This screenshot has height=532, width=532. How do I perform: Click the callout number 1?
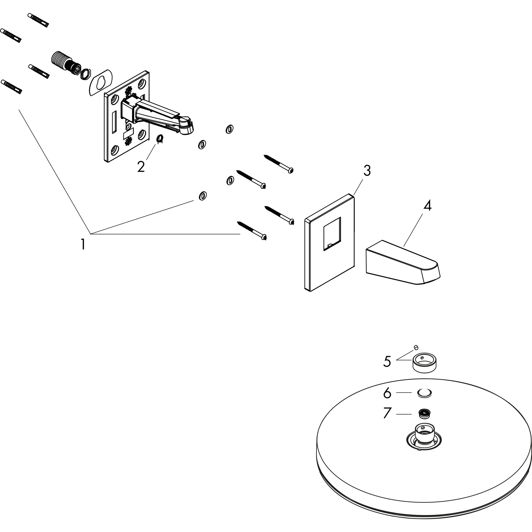tap(83, 244)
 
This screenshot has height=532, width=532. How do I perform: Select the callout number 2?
tap(141, 167)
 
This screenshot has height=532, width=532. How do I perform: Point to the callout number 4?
tap(427, 206)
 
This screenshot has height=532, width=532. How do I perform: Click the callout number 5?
tap(387, 362)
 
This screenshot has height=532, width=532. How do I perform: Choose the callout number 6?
tap(387, 393)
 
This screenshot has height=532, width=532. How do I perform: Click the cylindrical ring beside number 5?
tap(424, 363)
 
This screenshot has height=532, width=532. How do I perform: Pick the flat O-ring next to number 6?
tap(424, 393)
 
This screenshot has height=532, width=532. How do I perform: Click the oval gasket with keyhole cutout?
tap(101, 82)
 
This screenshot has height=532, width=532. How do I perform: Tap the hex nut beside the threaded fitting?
tap(86, 74)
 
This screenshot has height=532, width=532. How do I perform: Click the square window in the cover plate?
tap(332, 234)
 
